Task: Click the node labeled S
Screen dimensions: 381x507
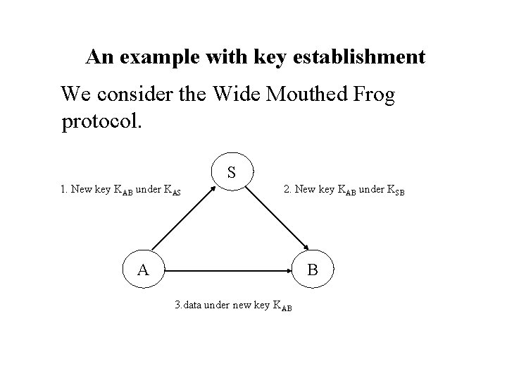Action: click(232, 172)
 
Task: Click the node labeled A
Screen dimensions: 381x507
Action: click(142, 270)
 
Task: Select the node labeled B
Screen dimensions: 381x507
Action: click(313, 270)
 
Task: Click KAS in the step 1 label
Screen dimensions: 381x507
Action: click(173, 190)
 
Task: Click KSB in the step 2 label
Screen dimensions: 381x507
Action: click(396, 190)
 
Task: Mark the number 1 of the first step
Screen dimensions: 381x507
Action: click(63, 189)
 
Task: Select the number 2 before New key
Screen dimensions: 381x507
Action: click(286, 189)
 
